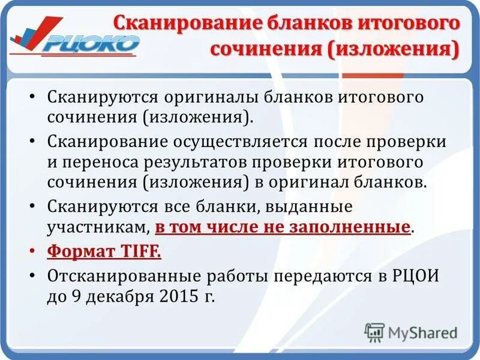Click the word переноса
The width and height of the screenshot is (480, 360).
(94, 163)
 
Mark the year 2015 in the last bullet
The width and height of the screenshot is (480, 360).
(177, 296)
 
